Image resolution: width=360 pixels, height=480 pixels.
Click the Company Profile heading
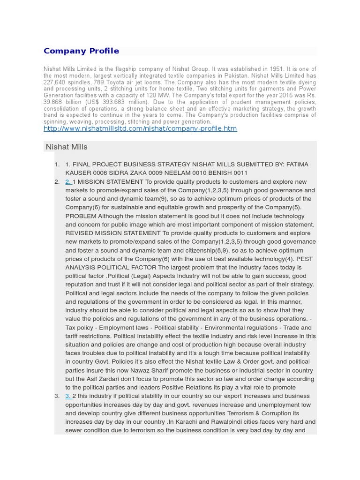click(81, 51)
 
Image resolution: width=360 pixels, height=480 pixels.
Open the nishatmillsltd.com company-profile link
click(140, 128)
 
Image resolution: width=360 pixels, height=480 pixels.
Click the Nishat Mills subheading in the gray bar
click(67, 147)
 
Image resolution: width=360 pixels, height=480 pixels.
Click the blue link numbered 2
click(68, 182)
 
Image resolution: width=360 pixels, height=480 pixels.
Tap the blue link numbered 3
click(68, 396)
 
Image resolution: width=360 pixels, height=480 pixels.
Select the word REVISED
click(80, 233)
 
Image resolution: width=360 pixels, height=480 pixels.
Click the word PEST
click(305, 259)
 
